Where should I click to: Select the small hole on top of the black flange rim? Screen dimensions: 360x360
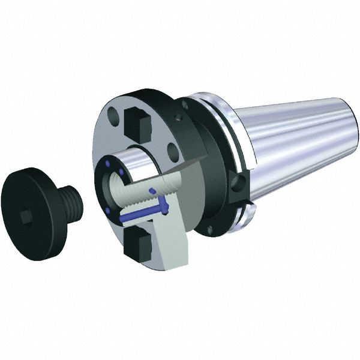pos(184,106)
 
